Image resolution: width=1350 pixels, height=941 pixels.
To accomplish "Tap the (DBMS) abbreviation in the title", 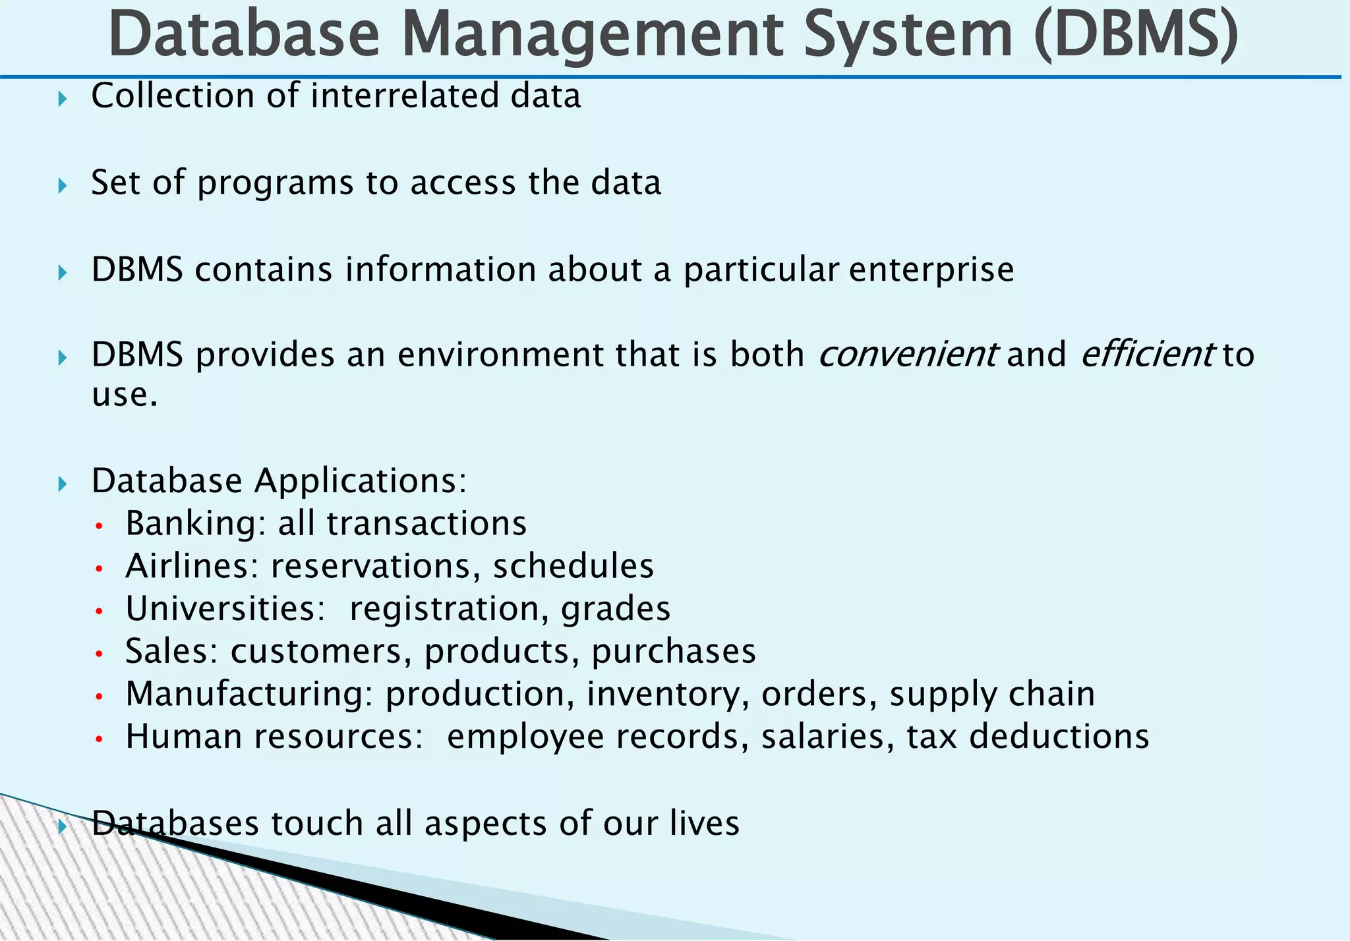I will point(1136,34).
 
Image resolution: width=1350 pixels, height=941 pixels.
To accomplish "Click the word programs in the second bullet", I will point(276,183).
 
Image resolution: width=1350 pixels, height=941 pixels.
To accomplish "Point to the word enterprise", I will point(931,270).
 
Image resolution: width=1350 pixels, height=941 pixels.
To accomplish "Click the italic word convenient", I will point(908,355).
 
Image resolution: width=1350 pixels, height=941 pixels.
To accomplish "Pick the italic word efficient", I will point(1147,355).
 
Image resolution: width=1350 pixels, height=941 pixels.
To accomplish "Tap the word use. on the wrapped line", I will point(125,395).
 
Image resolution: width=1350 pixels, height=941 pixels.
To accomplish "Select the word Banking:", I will point(196,524).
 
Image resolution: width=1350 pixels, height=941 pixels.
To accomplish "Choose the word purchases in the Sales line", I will point(674,652).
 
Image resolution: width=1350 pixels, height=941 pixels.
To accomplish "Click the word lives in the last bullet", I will point(705,824).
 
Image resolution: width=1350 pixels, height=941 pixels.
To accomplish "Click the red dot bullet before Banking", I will point(100,527).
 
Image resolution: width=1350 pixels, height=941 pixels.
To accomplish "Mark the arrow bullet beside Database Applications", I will point(63,485).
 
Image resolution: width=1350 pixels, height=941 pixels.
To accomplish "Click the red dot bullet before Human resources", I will point(100,739).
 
